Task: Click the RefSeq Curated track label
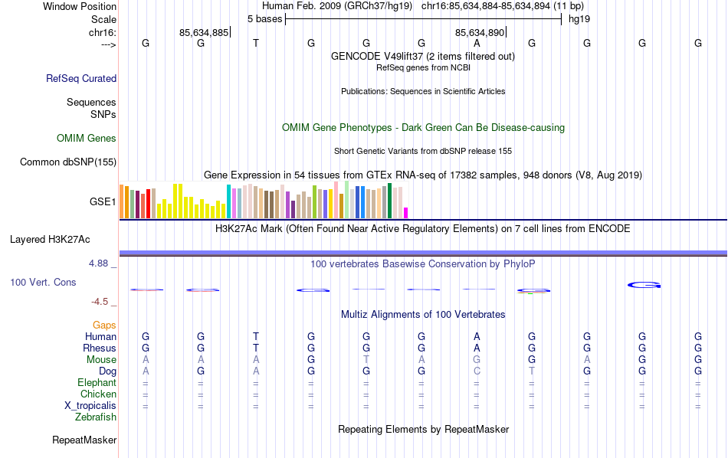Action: point(81,78)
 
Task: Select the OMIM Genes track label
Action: point(87,139)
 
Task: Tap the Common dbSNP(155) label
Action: point(68,162)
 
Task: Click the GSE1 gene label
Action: point(103,202)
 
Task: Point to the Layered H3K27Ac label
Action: point(50,239)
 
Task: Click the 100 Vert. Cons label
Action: point(43,283)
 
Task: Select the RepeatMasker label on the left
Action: point(84,440)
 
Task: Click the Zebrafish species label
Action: point(96,417)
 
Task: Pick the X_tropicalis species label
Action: point(90,406)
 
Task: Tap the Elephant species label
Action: point(97,383)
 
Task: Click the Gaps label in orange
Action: point(104,326)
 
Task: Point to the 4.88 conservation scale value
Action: point(100,263)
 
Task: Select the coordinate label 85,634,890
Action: point(480,32)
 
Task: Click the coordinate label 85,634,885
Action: point(204,32)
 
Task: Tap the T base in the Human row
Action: point(256,337)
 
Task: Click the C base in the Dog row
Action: point(477,371)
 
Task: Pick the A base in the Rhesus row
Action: point(477,348)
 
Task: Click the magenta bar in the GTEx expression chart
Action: point(406,213)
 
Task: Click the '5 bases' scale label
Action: point(264,18)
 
